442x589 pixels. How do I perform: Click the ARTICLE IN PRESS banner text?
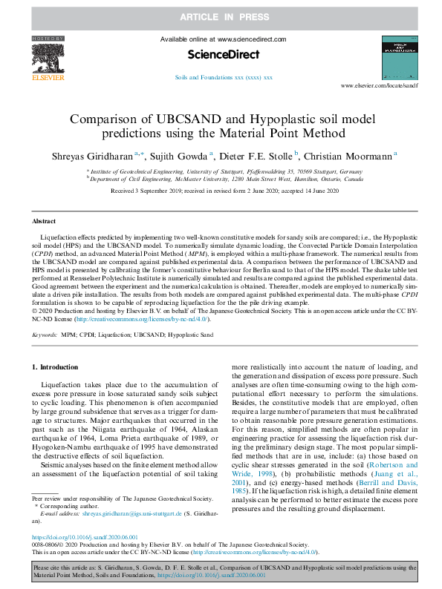pyautogui.click(x=221, y=15)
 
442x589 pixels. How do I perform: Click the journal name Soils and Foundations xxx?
pyautogui.click(x=223, y=77)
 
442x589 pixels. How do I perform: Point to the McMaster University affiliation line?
pyautogui.click(x=226, y=179)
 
